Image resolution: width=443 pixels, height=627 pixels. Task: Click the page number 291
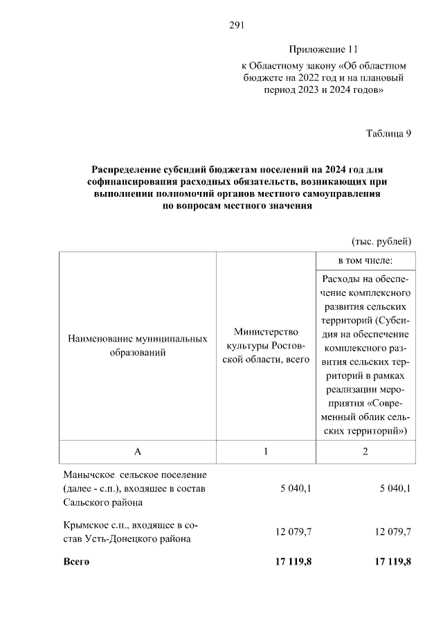coord(238,26)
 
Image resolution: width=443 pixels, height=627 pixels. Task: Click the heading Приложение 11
coord(324,50)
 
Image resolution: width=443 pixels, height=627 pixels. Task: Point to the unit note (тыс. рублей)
coord(381,241)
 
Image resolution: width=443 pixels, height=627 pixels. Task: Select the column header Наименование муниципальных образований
coord(138,346)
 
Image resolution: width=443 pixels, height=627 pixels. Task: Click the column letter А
coord(138,451)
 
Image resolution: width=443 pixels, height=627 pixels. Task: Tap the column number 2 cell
coord(365,451)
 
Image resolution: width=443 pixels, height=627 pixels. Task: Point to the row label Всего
coord(76,561)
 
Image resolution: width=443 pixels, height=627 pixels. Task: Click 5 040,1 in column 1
coord(296,488)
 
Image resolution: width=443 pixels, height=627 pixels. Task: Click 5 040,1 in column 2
coord(395,488)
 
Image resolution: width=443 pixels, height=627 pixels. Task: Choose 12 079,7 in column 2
coord(393,531)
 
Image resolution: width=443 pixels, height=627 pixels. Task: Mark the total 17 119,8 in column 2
coord(392,561)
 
